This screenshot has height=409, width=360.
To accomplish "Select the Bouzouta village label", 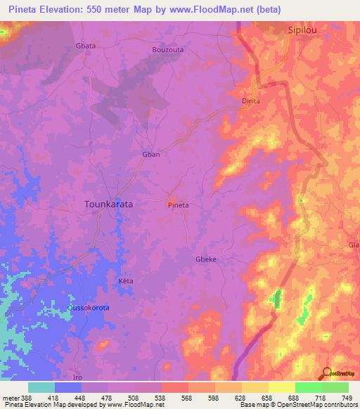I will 168,50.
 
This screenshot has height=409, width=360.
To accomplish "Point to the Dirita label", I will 251,101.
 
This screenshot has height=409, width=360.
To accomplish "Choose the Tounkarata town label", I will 108,204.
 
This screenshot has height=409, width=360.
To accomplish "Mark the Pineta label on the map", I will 178,205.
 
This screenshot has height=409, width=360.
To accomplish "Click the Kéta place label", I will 125,281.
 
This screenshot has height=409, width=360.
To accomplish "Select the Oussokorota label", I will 89,308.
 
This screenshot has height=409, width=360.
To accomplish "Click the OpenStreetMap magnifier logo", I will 326,372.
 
